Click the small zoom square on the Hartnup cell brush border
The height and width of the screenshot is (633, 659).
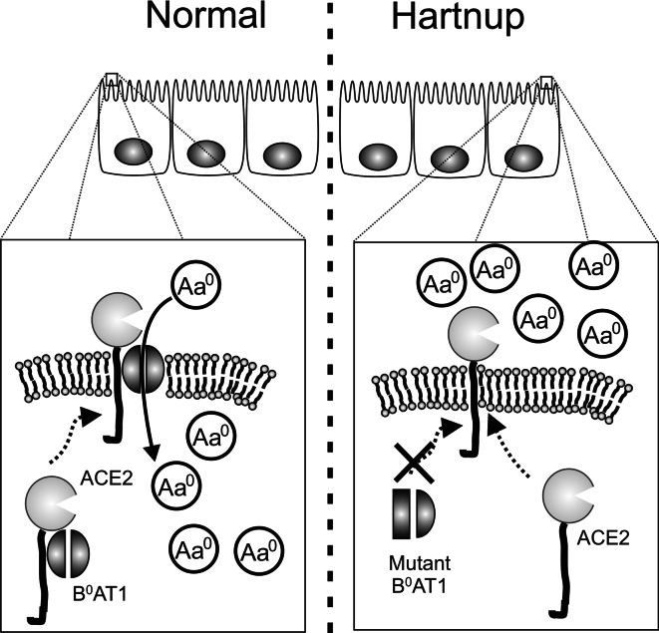[x=545, y=80]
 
